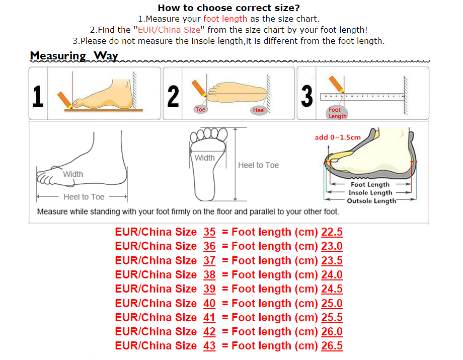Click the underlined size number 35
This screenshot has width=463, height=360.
209,232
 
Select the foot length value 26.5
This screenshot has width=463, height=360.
332,345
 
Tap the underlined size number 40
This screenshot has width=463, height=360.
209,303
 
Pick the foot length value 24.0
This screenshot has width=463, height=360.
332,274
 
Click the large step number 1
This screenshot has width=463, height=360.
38,96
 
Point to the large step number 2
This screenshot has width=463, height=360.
173,96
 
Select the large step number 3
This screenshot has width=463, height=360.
307,96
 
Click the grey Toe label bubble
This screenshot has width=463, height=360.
200,110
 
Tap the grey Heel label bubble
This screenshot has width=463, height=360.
259,110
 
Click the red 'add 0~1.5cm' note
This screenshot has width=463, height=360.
338,137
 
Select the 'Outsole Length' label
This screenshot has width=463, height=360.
371,201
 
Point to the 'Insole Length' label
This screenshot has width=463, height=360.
370,192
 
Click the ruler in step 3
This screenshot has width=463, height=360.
362,97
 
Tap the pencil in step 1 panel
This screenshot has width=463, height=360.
65,100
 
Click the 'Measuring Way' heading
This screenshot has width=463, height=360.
74,55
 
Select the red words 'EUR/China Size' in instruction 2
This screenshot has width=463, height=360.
169,30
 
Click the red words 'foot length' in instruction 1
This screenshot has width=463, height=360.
225,19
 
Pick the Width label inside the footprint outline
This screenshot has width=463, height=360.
204,158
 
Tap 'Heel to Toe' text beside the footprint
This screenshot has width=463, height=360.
258,165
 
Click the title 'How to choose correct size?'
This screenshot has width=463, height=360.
228,8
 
